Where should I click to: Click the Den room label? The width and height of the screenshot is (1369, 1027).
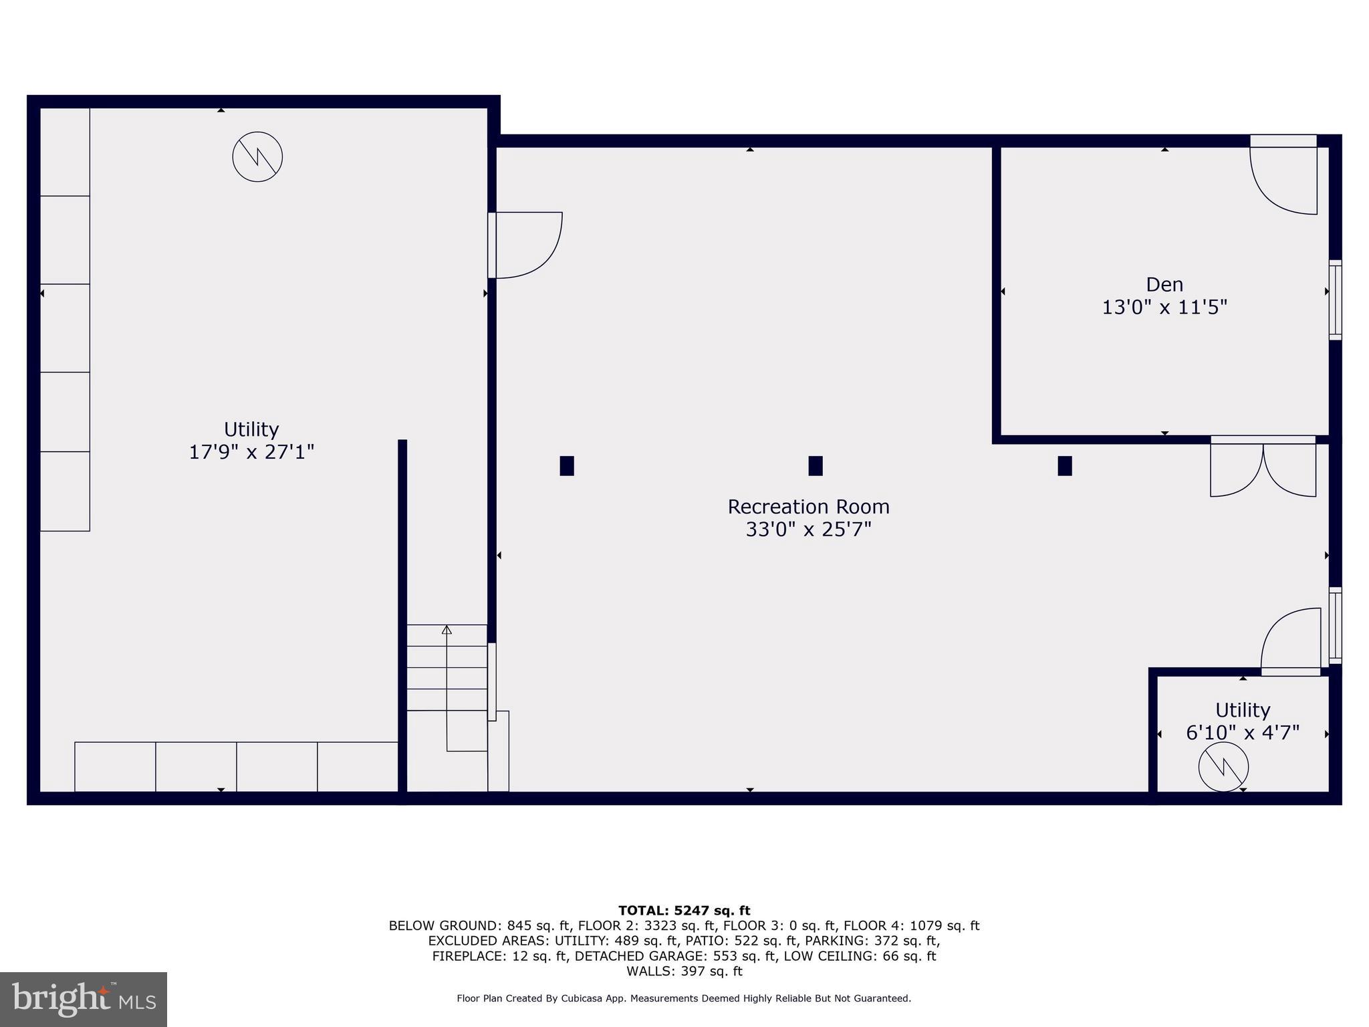point(1164,285)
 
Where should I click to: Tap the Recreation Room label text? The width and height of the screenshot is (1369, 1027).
point(807,507)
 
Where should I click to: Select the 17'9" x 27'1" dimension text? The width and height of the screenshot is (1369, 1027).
point(251,452)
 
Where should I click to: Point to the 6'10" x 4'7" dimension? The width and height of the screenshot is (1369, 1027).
point(1242,733)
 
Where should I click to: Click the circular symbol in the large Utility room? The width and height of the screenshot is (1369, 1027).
point(257,157)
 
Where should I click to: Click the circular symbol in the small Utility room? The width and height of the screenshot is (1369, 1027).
point(1223,768)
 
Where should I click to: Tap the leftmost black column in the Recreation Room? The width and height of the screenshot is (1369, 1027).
point(566,465)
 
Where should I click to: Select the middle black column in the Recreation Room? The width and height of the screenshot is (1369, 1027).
point(815,465)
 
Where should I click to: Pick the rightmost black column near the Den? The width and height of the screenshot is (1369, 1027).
point(1064,465)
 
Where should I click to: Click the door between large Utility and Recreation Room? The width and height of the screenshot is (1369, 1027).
point(528,245)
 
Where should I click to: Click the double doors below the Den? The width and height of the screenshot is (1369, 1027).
point(1263,468)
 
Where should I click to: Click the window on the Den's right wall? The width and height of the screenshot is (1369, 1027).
point(1334,300)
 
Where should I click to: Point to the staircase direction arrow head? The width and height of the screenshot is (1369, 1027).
point(447,630)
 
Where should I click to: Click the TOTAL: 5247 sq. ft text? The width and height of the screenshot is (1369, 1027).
point(684,911)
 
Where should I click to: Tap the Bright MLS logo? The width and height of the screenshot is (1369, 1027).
point(84,999)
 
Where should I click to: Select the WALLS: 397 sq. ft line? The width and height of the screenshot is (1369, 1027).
point(684,971)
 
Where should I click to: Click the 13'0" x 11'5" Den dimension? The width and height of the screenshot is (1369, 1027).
point(1164,308)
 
